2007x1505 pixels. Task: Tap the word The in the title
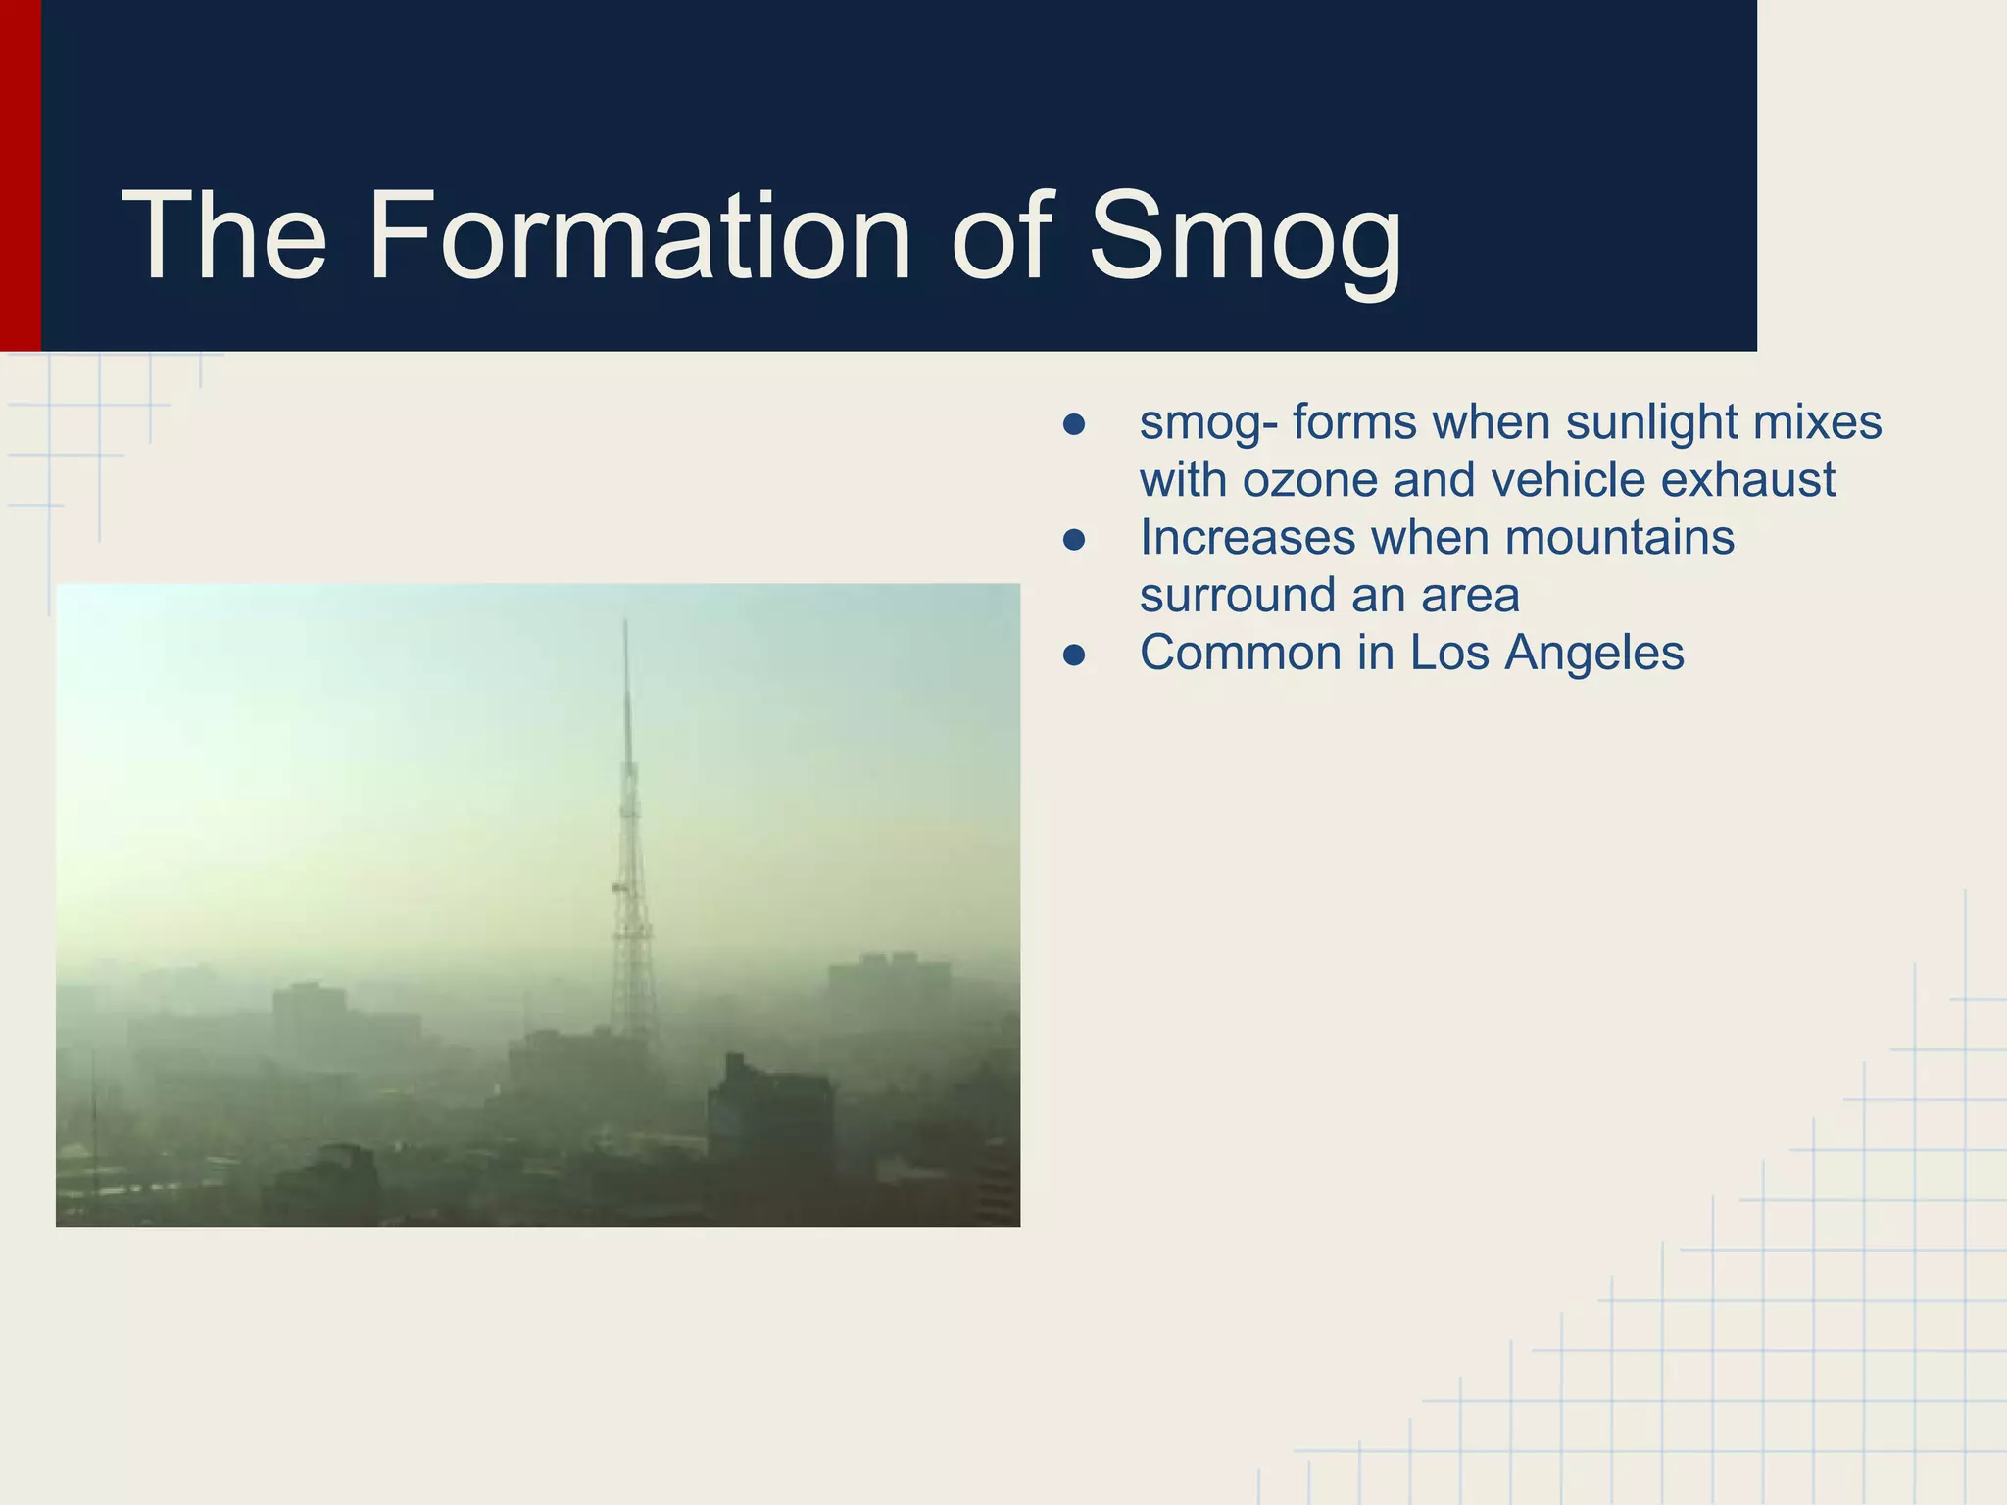[223, 237]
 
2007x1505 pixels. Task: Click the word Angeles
[1594, 654]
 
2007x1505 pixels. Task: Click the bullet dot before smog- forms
[1074, 424]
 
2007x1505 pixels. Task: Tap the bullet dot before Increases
[1074, 540]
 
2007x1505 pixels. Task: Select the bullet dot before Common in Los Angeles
[1074, 655]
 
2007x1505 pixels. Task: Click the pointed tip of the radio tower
[625, 623]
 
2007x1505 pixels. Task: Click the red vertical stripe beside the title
[20, 176]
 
